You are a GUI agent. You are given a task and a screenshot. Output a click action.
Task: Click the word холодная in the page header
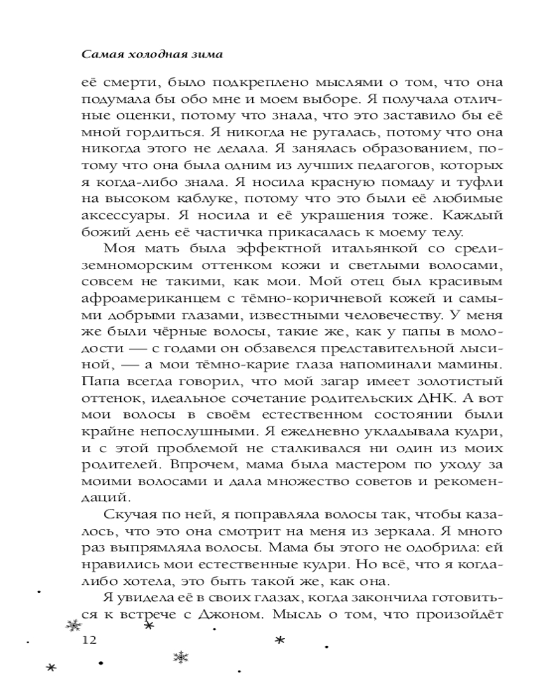tap(145, 52)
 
